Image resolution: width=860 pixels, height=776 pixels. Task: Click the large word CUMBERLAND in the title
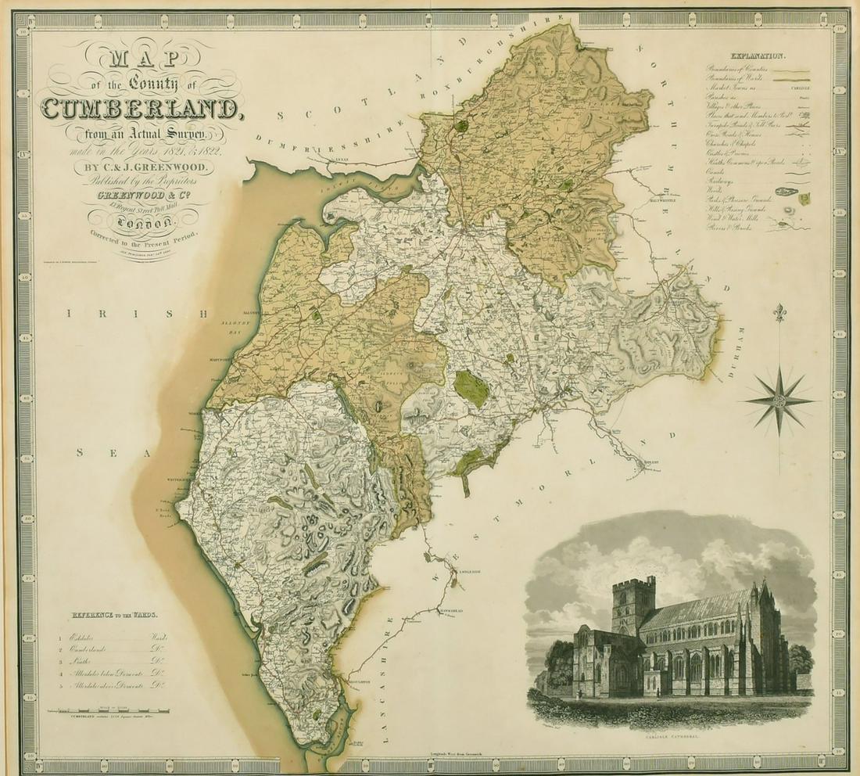click(x=142, y=110)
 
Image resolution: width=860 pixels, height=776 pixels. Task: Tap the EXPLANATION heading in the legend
click(x=758, y=56)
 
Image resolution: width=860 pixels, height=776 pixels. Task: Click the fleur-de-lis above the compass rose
click(x=779, y=313)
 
